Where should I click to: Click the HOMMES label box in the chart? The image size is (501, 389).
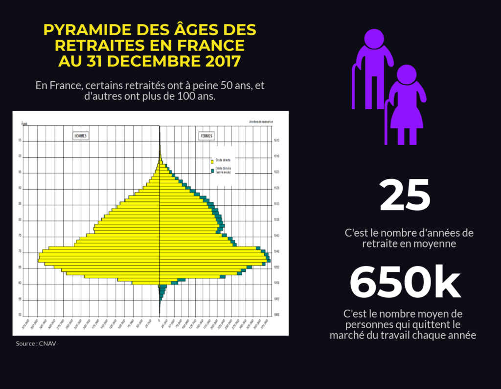click(x=81, y=136)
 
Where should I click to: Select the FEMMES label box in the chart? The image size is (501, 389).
click(x=206, y=136)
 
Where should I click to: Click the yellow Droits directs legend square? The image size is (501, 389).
click(x=212, y=161)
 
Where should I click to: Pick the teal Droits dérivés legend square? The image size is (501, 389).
click(x=212, y=171)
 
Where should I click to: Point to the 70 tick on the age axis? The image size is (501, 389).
click(x=21, y=252)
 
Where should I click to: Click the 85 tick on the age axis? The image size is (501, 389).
click(x=21, y=204)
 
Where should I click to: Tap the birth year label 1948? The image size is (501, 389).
click(x=277, y=252)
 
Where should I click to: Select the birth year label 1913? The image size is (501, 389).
click(x=277, y=141)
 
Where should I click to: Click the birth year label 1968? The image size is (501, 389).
click(x=277, y=315)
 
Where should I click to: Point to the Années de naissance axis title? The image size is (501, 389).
click(x=261, y=122)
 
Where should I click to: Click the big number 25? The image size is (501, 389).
click(x=405, y=194)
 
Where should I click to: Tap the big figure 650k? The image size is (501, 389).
click(x=405, y=283)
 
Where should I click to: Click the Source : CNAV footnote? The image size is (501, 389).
click(x=36, y=343)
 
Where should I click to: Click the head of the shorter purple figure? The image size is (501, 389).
click(x=406, y=75)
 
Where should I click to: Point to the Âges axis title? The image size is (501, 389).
click(x=24, y=123)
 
